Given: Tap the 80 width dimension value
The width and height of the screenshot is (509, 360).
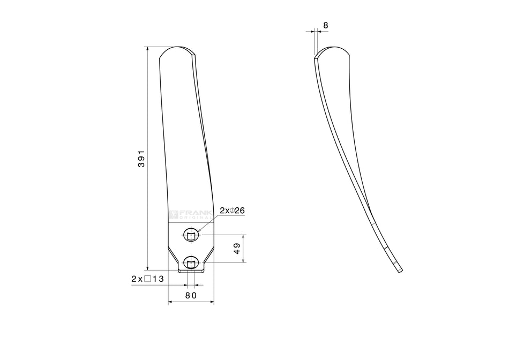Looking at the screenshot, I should (191, 295).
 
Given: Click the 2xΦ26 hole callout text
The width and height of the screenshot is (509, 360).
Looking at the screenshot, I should (233, 211).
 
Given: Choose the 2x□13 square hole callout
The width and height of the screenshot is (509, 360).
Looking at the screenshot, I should (147, 279).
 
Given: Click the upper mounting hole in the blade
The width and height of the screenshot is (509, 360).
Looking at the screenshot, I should (191, 235).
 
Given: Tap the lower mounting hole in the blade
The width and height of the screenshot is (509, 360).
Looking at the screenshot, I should (191, 262).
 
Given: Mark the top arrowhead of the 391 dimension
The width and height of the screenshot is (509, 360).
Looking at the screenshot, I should (147, 49).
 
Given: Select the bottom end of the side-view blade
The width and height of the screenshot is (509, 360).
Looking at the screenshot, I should (399, 269).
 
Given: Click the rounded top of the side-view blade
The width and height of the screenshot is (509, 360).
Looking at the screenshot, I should (332, 48).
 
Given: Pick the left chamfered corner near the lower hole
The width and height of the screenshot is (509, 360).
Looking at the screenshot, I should (173, 253).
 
